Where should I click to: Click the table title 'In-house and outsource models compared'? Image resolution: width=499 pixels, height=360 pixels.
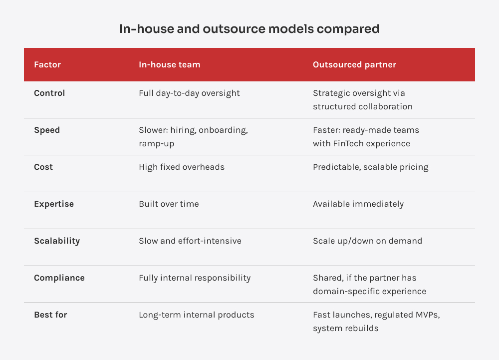click(249, 29)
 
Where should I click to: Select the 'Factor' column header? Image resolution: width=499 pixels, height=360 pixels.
click(47, 64)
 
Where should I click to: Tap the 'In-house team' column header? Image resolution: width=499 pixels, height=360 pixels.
click(169, 64)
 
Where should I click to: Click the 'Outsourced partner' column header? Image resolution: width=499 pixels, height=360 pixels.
click(354, 64)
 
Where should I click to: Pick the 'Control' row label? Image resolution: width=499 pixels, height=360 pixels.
click(49, 93)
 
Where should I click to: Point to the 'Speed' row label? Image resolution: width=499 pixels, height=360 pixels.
click(47, 130)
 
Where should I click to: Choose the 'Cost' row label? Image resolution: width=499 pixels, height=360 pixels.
click(43, 167)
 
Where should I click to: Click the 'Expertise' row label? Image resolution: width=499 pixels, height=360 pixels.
click(54, 204)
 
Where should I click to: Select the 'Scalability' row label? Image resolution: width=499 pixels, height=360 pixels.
click(57, 241)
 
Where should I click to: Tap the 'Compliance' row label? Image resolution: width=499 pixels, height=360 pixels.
click(59, 278)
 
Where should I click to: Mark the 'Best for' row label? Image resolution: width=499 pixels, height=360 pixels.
click(50, 315)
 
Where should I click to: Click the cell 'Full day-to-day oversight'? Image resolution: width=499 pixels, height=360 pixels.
click(189, 93)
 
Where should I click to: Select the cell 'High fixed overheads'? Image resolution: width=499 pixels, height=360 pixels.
click(182, 167)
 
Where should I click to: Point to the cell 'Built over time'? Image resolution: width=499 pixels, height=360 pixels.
click(169, 204)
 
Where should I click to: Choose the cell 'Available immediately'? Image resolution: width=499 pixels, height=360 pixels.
click(358, 204)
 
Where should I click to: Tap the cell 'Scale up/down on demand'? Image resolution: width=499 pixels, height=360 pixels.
click(367, 241)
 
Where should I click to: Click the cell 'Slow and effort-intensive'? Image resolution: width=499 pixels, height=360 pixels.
click(190, 241)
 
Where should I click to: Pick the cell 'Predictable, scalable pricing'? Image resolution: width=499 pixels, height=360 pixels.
click(371, 167)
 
